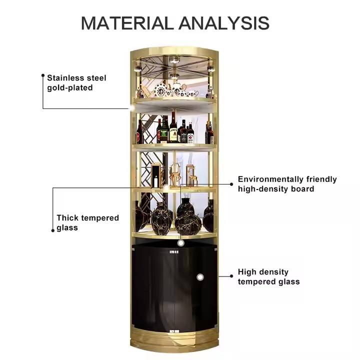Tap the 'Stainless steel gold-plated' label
(x=76, y=82)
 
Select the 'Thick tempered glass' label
(x=87, y=222)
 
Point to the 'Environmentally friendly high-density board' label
(x=287, y=184)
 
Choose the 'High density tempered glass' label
(x=268, y=276)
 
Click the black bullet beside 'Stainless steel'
(x=43, y=77)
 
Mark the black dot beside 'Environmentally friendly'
(x=231, y=184)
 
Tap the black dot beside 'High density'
(x=231, y=275)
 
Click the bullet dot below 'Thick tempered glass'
(x=52, y=230)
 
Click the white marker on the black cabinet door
(x=199, y=276)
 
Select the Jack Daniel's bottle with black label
(x=190, y=132)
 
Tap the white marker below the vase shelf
(x=181, y=243)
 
